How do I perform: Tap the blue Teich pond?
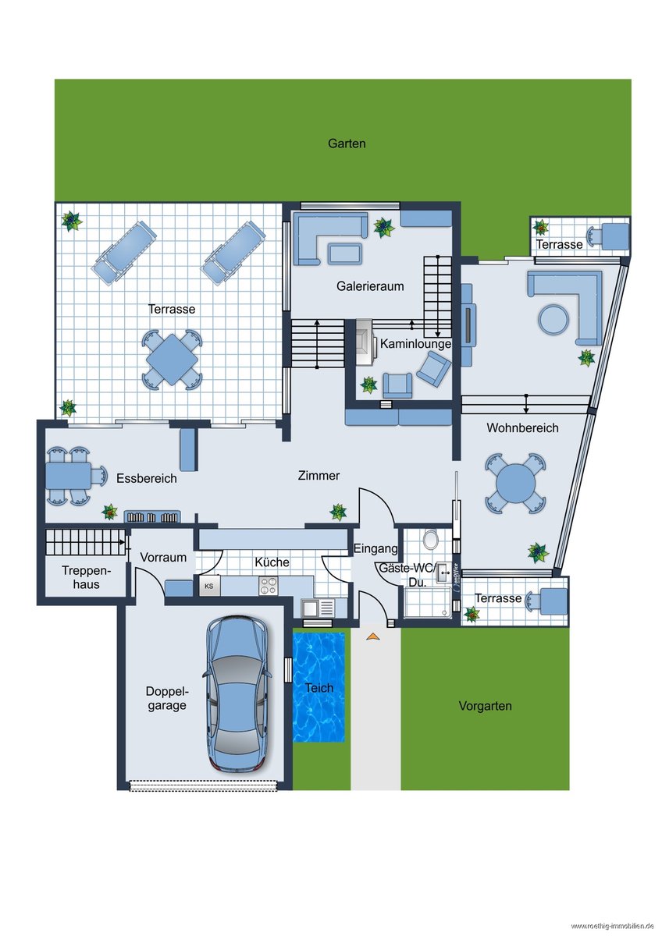click(x=319, y=688)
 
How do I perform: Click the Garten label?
click(x=347, y=144)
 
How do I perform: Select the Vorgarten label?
click(x=485, y=706)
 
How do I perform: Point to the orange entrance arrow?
click(x=373, y=636)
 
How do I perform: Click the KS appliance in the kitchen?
click(x=209, y=586)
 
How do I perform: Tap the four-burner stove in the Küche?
click(x=269, y=586)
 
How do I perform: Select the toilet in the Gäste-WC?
click(x=430, y=540)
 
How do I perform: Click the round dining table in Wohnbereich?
click(x=515, y=484)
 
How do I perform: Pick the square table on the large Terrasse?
click(x=172, y=360)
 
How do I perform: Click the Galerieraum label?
click(x=370, y=286)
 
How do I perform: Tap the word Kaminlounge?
click(x=415, y=343)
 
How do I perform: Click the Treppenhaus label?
click(x=86, y=577)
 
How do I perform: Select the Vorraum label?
click(x=163, y=557)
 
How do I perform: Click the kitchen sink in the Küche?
click(x=319, y=607)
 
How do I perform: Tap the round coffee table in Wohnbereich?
click(x=553, y=320)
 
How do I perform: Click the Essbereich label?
click(x=146, y=478)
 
